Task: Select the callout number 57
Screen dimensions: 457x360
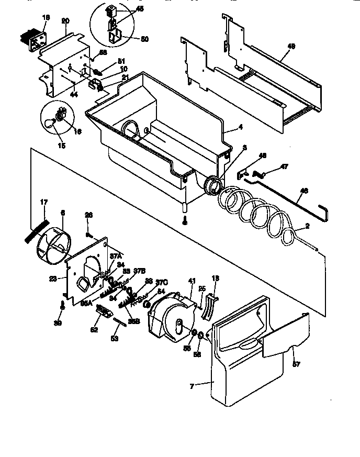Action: tap(296, 364)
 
